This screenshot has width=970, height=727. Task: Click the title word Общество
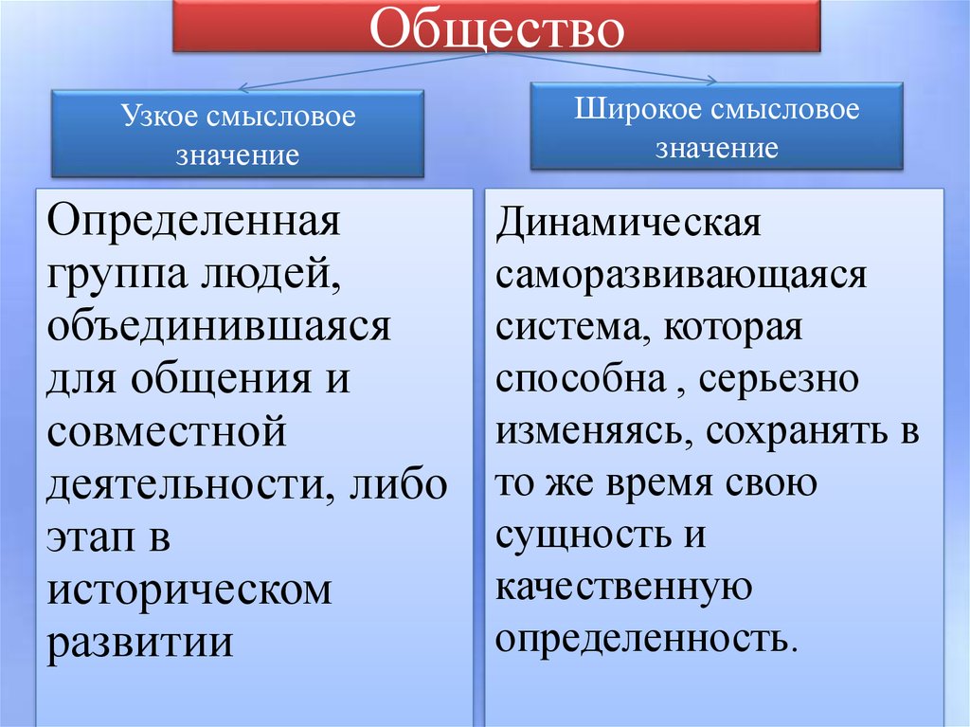497,28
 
